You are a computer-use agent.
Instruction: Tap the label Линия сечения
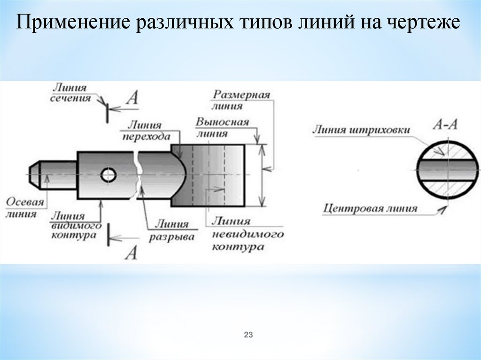coord(70,93)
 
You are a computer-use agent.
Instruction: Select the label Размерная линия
coord(241,100)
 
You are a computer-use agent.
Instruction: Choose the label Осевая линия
coord(24,208)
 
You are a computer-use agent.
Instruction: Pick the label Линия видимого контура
coord(75,226)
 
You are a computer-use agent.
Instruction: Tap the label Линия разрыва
coord(172,230)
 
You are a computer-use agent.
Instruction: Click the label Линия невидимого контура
coord(247,233)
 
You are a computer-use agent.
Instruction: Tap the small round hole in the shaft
coord(109,175)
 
